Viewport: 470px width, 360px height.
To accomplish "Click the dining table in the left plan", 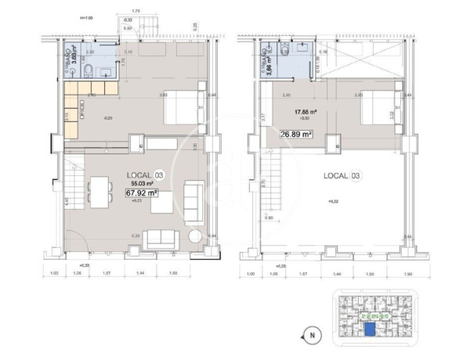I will pos(99,192).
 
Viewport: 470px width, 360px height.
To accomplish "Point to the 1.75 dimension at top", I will pos(136,11).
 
